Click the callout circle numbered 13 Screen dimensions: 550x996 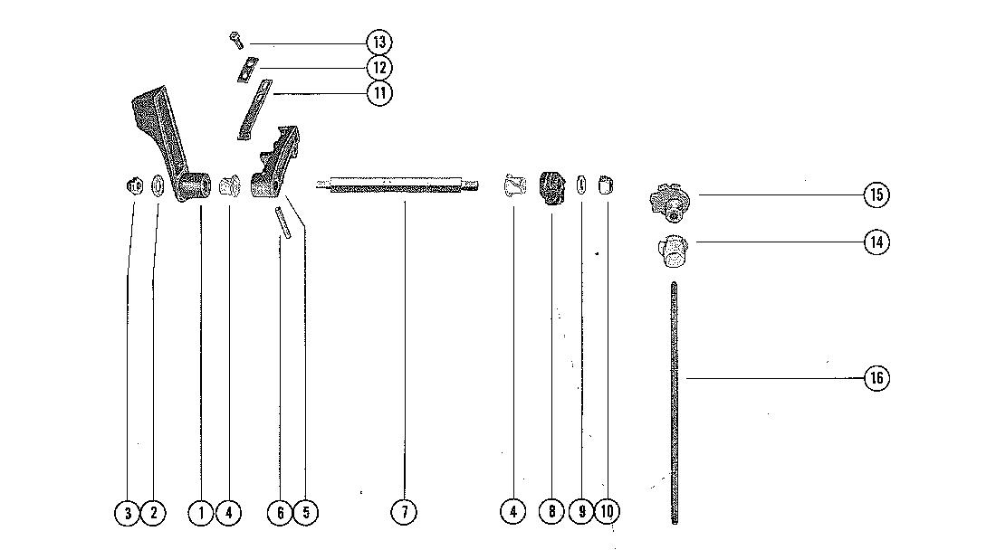(378, 43)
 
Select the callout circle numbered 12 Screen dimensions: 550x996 (378, 68)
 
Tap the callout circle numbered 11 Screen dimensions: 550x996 (378, 92)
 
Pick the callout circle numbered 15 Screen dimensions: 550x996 (876, 194)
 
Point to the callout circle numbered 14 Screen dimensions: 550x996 (876, 242)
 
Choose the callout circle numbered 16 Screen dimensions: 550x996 (876, 378)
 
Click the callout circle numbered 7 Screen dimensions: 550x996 (404, 512)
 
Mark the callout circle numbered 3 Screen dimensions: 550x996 (128, 513)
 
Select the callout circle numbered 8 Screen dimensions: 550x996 (551, 512)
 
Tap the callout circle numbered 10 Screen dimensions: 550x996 (607, 512)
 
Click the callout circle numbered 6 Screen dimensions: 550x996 (280, 513)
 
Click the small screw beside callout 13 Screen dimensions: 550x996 (235, 39)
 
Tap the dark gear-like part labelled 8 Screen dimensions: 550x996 (551, 188)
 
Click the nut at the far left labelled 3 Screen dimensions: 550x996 (133, 186)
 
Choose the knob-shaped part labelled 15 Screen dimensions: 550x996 (671, 201)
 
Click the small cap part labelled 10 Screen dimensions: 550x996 (607, 186)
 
